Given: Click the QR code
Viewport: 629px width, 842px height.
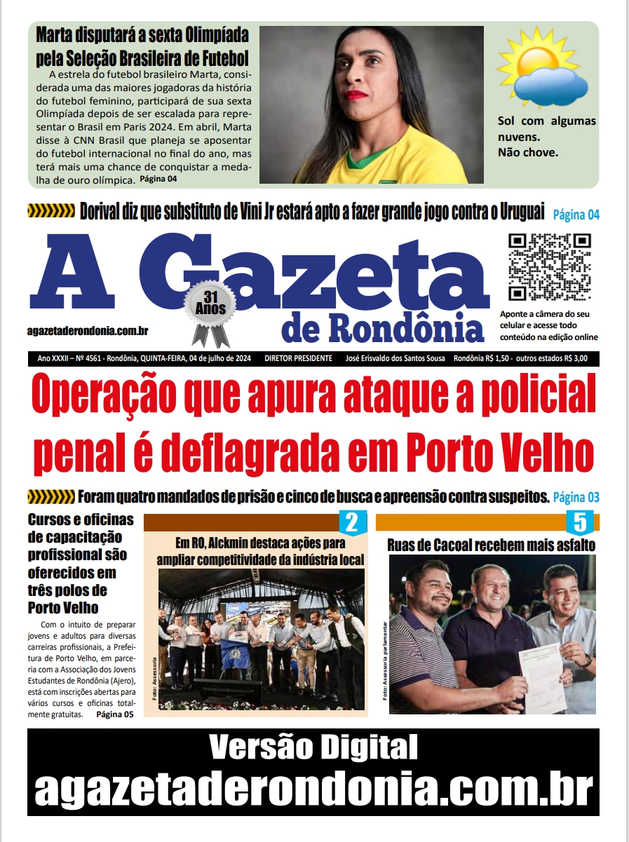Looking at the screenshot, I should point(550,267).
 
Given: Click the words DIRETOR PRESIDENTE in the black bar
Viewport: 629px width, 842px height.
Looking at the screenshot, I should point(299,358).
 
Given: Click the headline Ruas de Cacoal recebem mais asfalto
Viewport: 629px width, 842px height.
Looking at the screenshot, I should point(492,545).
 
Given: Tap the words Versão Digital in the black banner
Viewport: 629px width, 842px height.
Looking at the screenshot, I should point(313,747).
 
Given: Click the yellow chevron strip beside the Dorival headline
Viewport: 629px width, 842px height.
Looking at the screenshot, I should point(50,210).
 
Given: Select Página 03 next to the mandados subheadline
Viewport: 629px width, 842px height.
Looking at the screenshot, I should point(576,498).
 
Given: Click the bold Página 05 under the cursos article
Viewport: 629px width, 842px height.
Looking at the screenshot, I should point(114,714).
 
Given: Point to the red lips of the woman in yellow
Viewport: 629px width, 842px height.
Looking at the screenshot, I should point(356,94).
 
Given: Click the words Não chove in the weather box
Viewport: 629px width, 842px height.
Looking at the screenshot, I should point(528,152).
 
